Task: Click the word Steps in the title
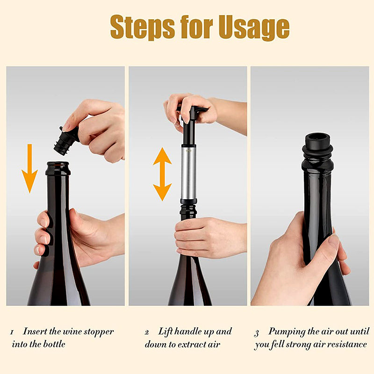(143, 27)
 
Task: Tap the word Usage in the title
(254, 27)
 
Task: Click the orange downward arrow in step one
(29, 168)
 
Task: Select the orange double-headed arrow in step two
(162, 174)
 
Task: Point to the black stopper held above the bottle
(66, 141)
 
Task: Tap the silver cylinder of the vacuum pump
(188, 173)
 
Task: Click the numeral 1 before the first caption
(12, 332)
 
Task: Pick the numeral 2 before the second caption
(147, 332)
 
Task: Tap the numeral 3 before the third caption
(256, 333)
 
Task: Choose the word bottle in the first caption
(54, 344)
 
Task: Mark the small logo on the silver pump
(188, 151)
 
